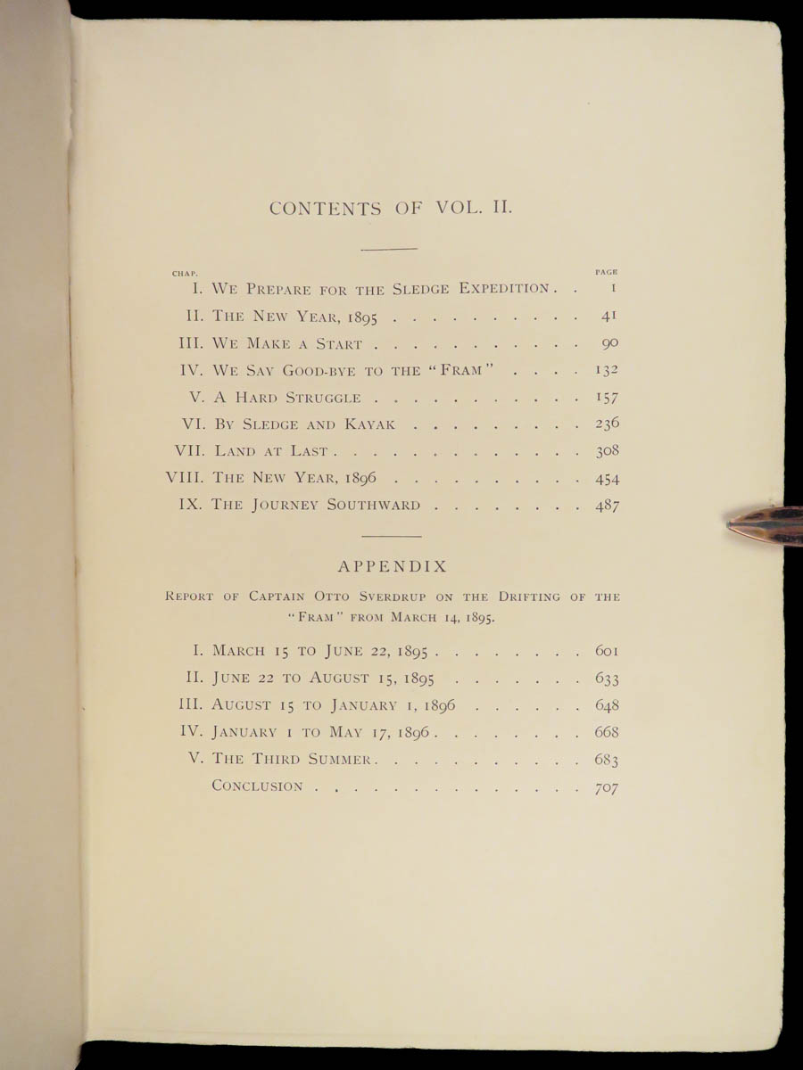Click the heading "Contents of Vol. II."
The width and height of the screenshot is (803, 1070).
[390, 209]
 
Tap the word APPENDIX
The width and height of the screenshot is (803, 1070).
[393, 566]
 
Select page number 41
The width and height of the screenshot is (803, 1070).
[610, 316]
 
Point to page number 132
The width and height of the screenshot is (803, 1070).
[607, 370]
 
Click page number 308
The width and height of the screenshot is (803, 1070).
[607, 451]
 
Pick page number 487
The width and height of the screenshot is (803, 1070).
[607, 506]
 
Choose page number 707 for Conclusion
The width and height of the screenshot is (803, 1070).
[607, 787]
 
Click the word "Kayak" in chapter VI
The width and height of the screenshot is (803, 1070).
[388, 424]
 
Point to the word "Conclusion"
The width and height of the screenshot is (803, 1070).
[257, 786]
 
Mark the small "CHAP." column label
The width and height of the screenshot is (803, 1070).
[184, 272]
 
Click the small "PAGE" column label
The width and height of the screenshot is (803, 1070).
[607, 272]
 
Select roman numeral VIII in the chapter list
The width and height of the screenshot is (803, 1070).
[184, 478]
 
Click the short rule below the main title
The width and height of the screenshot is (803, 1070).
[390, 249]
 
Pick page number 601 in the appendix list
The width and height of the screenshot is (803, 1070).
[607, 651]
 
